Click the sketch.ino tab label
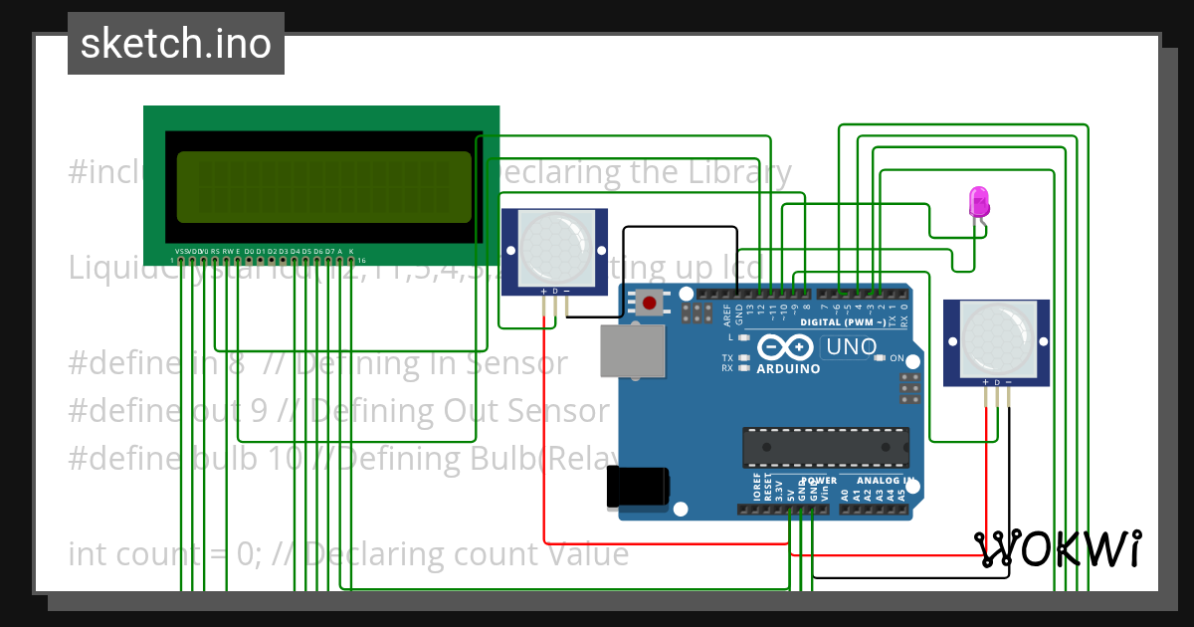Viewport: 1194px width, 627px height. [176, 44]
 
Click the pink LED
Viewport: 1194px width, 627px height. [979, 202]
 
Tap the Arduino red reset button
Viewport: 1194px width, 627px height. [651, 302]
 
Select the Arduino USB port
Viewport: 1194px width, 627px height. [633, 350]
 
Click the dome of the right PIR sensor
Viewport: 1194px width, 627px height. [996, 334]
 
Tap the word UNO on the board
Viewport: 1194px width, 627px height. [852, 347]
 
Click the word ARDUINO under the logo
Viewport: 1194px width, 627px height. [789, 368]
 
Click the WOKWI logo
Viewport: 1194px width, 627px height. [1059, 548]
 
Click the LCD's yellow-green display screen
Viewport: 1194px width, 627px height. [323, 187]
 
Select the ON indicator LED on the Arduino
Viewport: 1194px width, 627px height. [880, 358]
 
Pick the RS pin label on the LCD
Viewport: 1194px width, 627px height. [215, 251]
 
